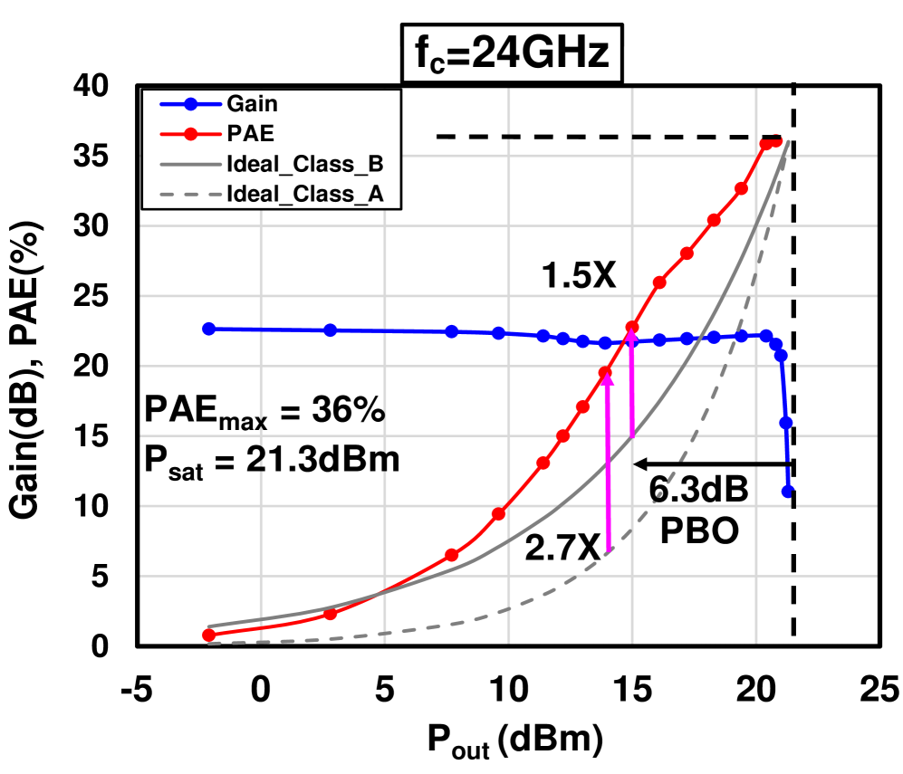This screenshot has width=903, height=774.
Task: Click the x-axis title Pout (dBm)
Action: [x=514, y=742]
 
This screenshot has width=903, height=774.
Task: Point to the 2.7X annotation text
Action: [x=562, y=547]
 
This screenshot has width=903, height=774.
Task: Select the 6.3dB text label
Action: [x=698, y=493]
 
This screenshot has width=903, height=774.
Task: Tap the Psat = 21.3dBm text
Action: [x=271, y=460]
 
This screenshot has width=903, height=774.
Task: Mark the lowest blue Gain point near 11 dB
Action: [x=788, y=492]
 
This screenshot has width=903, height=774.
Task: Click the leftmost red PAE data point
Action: [x=208, y=635]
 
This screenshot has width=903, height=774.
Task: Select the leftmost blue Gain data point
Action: [x=208, y=329]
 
